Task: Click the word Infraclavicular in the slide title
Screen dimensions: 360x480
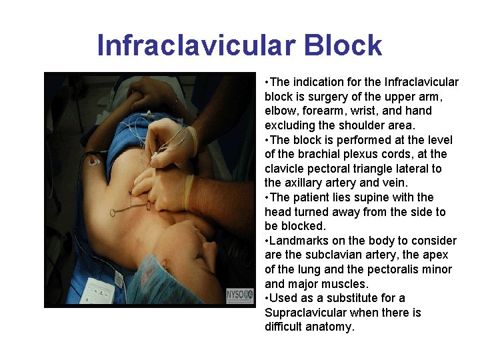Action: (x=194, y=46)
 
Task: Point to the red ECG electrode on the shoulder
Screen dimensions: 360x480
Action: (x=94, y=161)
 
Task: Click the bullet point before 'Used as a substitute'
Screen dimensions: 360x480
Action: (x=267, y=298)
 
